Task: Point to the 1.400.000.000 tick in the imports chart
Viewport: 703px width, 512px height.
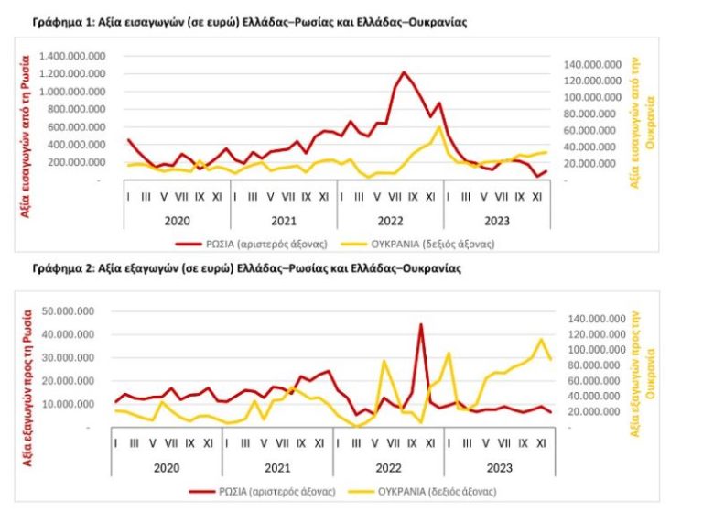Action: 75,57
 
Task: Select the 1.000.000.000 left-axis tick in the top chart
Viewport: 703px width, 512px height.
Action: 75,92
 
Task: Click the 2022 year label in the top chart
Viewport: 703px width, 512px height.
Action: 390,221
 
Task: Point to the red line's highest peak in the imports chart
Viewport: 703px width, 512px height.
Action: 404,71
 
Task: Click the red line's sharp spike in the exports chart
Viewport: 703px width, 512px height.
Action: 421,324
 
